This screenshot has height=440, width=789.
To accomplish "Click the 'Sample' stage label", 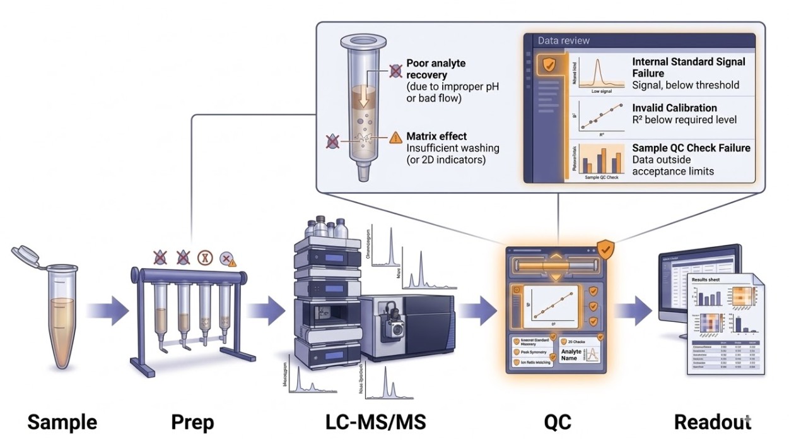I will [x=62, y=422].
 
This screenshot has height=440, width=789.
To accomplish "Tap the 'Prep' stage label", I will [x=192, y=422].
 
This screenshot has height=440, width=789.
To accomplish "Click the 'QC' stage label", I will [x=558, y=422].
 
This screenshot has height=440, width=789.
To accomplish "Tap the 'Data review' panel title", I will [x=563, y=40].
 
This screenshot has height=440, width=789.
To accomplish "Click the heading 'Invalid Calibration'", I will [x=674, y=108].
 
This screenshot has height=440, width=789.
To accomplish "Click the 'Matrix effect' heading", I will [x=436, y=136].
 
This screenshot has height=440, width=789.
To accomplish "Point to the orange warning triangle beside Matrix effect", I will [x=395, y=136].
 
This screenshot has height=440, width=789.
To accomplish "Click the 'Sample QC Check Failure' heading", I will [x=691, y=148].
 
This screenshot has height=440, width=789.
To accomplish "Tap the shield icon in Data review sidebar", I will [x=550, y=64].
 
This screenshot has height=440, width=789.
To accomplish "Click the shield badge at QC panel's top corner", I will [x=606, y=249].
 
